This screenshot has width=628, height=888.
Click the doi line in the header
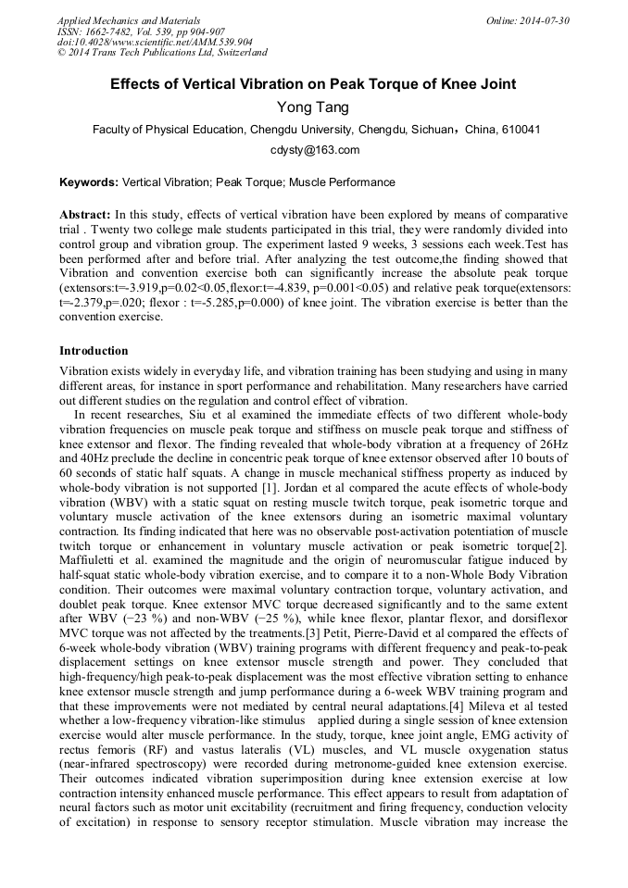(x=154, y=42)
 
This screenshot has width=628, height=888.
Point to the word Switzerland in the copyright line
(x=239, y=53)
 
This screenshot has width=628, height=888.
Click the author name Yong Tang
(x=313, y=107)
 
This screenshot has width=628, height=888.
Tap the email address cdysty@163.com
(x=313, y=150)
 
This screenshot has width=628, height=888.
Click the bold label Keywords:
(x=89, y=182)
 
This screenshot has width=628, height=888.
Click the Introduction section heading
(x=94, y=351)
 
